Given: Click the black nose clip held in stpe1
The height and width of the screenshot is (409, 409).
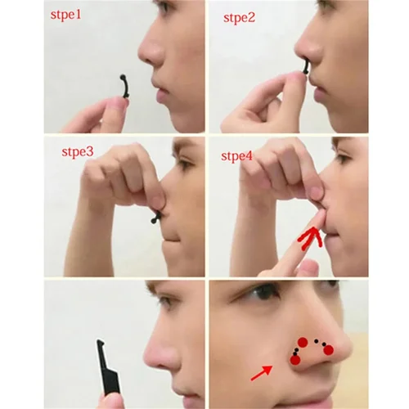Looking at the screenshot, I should pyautogui.click(x=123, y=88).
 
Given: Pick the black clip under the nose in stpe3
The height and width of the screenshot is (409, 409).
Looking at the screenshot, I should pyautogui.click(x=155, y=217).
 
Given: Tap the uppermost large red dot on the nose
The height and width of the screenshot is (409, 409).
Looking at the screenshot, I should pyautogui.click(x=302, y=342).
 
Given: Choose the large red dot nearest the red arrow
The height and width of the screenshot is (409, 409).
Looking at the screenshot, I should pyautogui.click(x=294, y=360).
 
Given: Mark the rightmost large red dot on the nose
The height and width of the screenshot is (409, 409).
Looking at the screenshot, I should pyautogui.click(x=329, y=350).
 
